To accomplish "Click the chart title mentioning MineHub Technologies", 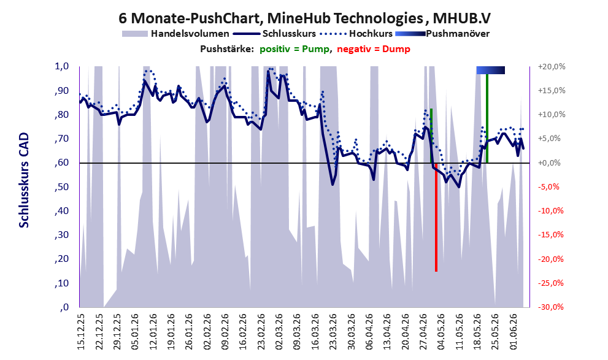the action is coord(304,18).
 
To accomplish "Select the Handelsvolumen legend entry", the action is coord(175,34).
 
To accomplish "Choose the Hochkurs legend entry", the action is coord(356,34).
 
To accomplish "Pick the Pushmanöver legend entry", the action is coord(442,34).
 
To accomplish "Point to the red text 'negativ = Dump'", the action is coord(374,49).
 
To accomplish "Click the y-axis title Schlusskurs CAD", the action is coord(24,180).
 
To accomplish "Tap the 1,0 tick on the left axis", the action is coord(61,66).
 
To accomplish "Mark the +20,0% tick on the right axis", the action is coord(552,67).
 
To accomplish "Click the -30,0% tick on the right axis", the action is coord(552,307).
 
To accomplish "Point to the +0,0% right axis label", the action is coord(550,163).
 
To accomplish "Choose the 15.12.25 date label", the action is coord(80,332).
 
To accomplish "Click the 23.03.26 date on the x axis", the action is coord(333,332).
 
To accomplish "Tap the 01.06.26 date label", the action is coord(514,332).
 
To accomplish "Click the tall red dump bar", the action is coord(436,217).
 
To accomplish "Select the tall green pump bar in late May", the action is coord(487,118).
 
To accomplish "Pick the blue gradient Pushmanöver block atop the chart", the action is coord(490,70).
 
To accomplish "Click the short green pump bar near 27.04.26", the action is coord(431,136).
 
